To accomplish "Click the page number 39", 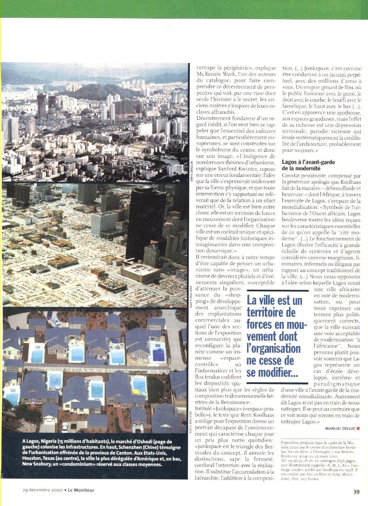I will (356, 491).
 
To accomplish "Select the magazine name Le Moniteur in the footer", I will (81, 490).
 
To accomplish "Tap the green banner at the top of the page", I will (184, 9).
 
